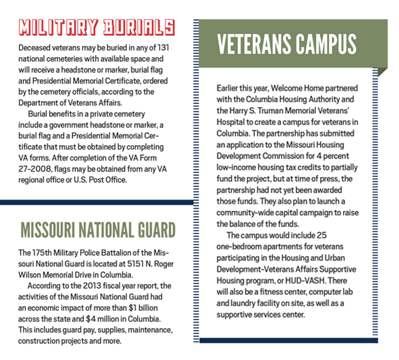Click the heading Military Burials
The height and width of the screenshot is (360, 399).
pyautogui.click(x=97, y=27)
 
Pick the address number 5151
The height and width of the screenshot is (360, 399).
pyautogui.click(x=124, y=265)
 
